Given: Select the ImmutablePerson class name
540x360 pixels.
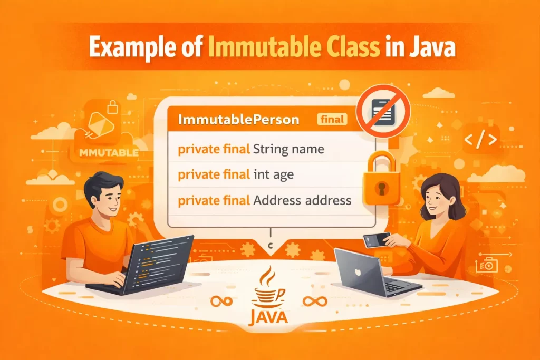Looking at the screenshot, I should tap(239, 120).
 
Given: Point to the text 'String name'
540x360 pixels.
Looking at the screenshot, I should tap(288, 150).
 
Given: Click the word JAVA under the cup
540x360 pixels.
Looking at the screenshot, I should tap(269, 317).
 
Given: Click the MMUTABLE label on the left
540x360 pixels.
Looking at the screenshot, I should tap(108, 153).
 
